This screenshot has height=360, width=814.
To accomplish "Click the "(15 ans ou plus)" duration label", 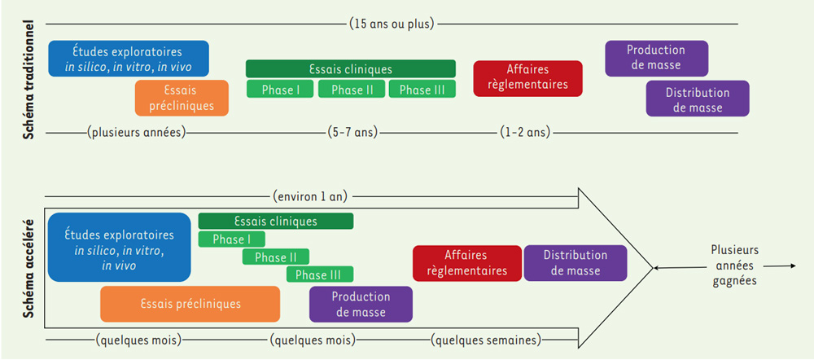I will [x=392, y=23].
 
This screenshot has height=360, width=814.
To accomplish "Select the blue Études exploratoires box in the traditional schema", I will [x=128, y=59].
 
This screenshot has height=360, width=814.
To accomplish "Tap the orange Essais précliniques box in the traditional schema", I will [x=182, y=98].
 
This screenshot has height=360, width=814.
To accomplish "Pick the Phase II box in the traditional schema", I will [x=352, y=90].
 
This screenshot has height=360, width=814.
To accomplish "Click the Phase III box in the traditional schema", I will [x=422, y=90].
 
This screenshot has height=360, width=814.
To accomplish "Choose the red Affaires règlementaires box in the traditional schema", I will [x=527, y=78].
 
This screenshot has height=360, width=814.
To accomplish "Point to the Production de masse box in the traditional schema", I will [x=656, y=58].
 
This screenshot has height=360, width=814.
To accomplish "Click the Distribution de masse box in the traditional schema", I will [x=697, y=99].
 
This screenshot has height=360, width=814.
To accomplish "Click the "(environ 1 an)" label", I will [x=313, y=195].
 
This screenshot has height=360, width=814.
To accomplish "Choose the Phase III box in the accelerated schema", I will [x=319, y=274].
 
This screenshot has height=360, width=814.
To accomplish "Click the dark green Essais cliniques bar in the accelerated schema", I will [x=275, y=221].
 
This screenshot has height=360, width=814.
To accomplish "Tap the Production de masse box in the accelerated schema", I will [x=361, y=304].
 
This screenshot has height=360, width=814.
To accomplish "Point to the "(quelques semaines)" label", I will [x=486, y=340].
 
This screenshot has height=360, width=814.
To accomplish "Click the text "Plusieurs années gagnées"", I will [x=733, y=266].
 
